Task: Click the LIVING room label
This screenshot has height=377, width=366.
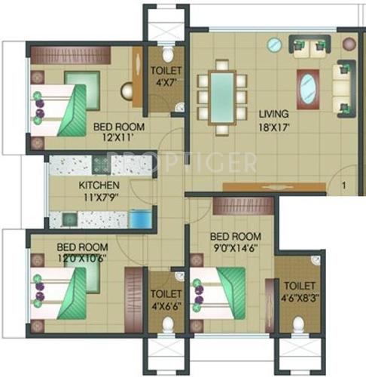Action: point(269,115)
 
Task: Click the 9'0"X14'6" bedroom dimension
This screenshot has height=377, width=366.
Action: point(235,251)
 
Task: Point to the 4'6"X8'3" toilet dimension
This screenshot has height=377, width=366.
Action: point(300,296)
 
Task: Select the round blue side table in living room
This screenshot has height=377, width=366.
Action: point(275,45)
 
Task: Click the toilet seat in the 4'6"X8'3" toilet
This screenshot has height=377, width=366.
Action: point(299,324)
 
